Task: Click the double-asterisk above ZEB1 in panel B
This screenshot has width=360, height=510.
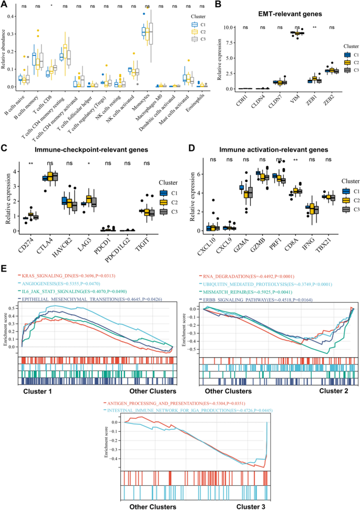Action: coord(315,27)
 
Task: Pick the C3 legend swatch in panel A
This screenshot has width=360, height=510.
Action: coord(194,38)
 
